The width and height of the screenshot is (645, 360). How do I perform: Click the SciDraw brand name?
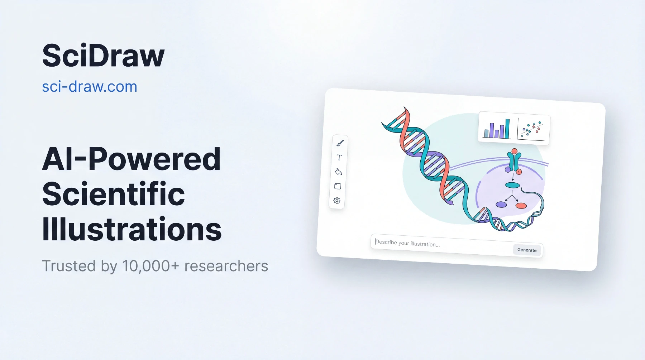[103, 56]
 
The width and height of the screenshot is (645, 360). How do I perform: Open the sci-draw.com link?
[90, 87]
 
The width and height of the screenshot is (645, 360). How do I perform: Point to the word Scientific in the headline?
[114, 194]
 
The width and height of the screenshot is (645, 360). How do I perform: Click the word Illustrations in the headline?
[132, 229]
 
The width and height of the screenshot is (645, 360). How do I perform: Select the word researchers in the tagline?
[226, 266]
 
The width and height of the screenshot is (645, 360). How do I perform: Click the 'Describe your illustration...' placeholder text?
[407, 243]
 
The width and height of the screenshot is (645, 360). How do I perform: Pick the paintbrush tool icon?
[340, 143]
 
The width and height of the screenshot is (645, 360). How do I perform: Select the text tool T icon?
[339, 157]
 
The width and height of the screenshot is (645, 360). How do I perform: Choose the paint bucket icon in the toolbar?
[338, 172]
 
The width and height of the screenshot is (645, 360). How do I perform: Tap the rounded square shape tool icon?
[338, 186]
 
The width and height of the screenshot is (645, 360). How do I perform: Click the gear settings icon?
[337, 201]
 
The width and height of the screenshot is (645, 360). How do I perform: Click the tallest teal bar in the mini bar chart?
[507, 129]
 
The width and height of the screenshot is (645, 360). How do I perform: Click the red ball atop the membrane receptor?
[515, 151]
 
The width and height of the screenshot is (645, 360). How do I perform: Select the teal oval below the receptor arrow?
[512, 185]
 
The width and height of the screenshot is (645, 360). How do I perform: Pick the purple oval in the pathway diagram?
[501, 205]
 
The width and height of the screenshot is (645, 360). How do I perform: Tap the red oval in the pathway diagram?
[521, 206]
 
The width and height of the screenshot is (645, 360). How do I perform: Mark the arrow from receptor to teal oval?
[513, 177]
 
